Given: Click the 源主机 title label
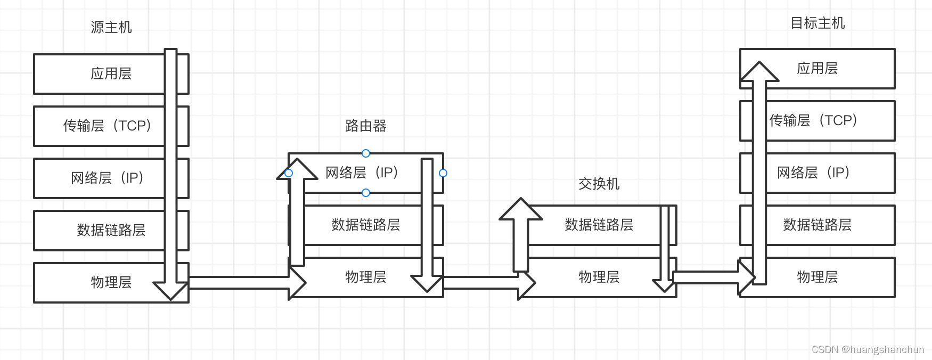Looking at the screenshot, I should pos(111,27).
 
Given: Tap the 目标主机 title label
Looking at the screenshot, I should pos(817,23).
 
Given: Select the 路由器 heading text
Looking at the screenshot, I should pos(365,126).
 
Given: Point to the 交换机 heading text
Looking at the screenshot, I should pos(599,184).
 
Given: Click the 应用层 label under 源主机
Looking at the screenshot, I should pos(111,73).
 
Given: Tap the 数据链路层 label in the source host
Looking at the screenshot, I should pos(111,230).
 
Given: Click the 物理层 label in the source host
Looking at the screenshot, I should pos(111,282).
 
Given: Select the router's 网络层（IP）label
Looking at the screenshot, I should pos(362,173).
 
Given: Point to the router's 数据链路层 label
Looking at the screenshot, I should pos(365,225).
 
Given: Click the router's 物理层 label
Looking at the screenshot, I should pos(365,277).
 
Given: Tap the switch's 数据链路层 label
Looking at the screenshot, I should pos(599,225).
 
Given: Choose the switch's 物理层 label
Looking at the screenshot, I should pos(599,277).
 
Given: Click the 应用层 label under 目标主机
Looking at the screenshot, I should pos(817,68).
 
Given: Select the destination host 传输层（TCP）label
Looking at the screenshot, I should pos(814,120).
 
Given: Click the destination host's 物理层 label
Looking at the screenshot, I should pos(817,277).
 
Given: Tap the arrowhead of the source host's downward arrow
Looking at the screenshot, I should pos(170,290).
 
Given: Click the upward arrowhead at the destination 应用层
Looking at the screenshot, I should pos(759,72).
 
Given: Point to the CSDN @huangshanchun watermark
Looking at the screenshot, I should pos(868,349).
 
